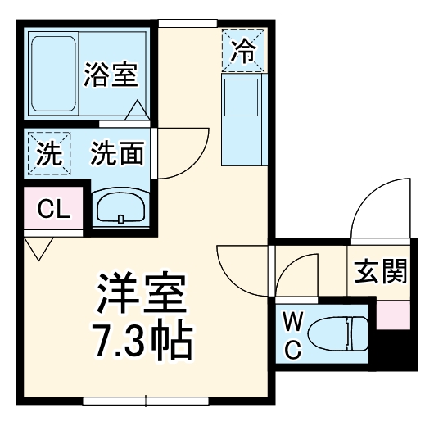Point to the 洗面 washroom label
[118, 153]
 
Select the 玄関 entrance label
[381, 271]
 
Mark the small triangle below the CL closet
[38, 247]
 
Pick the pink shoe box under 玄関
[392, 315]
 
